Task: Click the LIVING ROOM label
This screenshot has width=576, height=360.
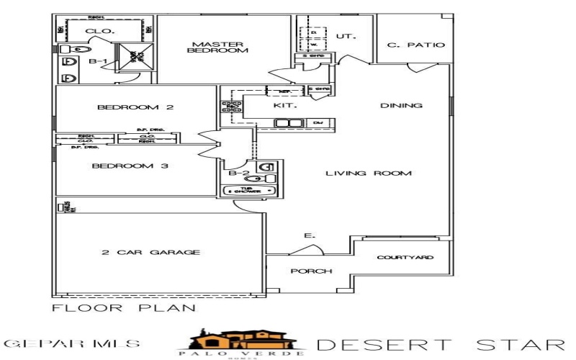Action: point(368,174)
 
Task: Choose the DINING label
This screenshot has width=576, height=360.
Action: point(401,106)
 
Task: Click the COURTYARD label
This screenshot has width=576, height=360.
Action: point(406,258)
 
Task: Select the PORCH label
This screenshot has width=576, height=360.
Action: point(310,271)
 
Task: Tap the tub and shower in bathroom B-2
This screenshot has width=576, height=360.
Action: point(249,191)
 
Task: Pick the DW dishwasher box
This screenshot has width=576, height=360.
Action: point(318,123)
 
